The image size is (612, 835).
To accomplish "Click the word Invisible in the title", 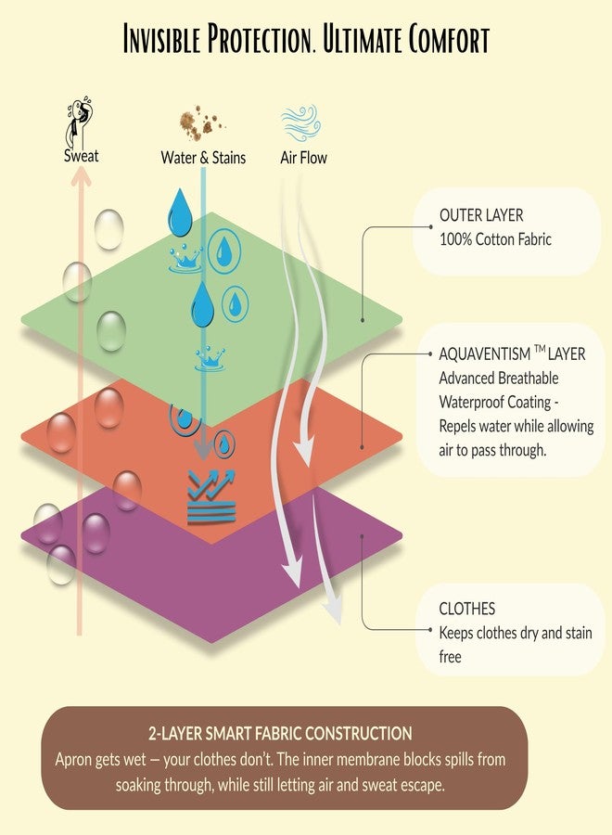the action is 161,39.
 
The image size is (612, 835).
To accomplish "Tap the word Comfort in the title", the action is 449,39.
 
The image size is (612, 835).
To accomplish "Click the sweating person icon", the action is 79,122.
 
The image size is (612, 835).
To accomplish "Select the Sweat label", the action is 81,156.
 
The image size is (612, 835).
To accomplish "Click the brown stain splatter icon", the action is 201,121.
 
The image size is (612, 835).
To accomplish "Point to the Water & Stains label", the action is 203,158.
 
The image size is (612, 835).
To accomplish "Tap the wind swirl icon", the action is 301,123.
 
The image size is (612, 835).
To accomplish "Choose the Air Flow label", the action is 303,158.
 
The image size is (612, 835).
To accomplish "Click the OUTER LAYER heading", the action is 481,215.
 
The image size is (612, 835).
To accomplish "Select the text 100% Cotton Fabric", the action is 495,239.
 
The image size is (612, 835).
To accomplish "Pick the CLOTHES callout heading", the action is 466,608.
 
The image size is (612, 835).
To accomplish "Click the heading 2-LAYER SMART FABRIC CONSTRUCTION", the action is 280,733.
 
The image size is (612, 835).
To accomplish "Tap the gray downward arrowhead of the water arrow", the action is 203,452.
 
